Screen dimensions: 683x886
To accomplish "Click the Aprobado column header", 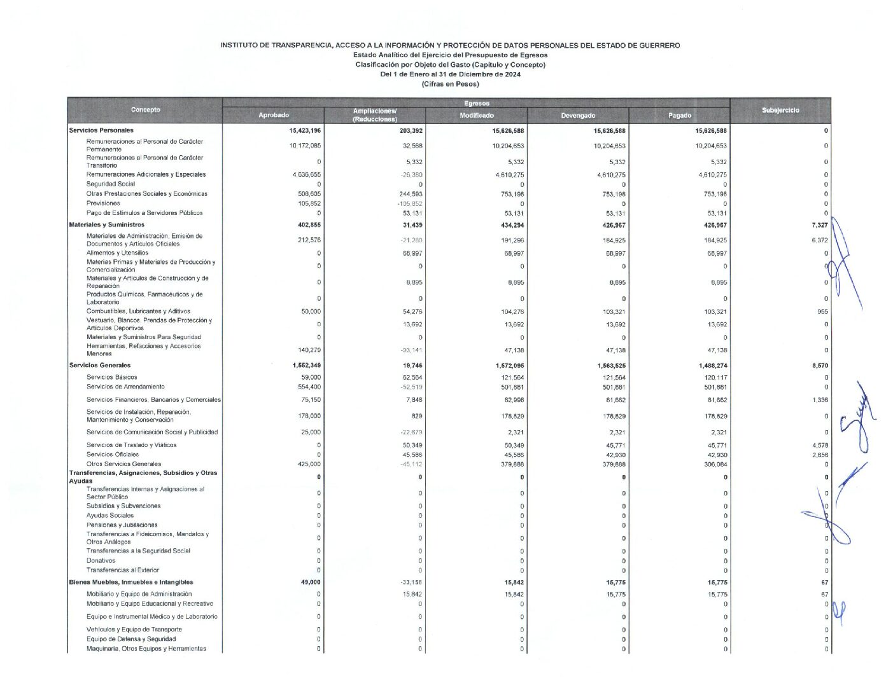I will point(274,115).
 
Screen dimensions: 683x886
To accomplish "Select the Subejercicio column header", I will point(780,110).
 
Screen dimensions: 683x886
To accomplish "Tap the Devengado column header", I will point(578,115).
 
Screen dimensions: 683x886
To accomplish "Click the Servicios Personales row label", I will point(101,130).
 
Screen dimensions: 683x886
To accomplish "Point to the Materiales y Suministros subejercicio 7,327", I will point(820,225).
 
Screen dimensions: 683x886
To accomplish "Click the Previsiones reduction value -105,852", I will point(408,204).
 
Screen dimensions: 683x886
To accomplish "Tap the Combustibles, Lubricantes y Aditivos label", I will point(138,312).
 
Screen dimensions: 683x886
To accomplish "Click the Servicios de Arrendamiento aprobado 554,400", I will point(308,387).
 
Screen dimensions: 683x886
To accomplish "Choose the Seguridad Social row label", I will point(111,184).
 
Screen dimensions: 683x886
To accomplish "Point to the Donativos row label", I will point(101,561).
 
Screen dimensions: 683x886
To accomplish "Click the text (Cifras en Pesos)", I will point(450,84).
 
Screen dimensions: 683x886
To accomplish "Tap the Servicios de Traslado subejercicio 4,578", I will point(820,445).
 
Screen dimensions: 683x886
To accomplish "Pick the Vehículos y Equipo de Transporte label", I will point(134,630).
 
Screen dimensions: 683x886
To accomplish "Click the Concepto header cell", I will point(145,110).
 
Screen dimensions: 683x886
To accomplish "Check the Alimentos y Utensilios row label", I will point(117,253).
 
